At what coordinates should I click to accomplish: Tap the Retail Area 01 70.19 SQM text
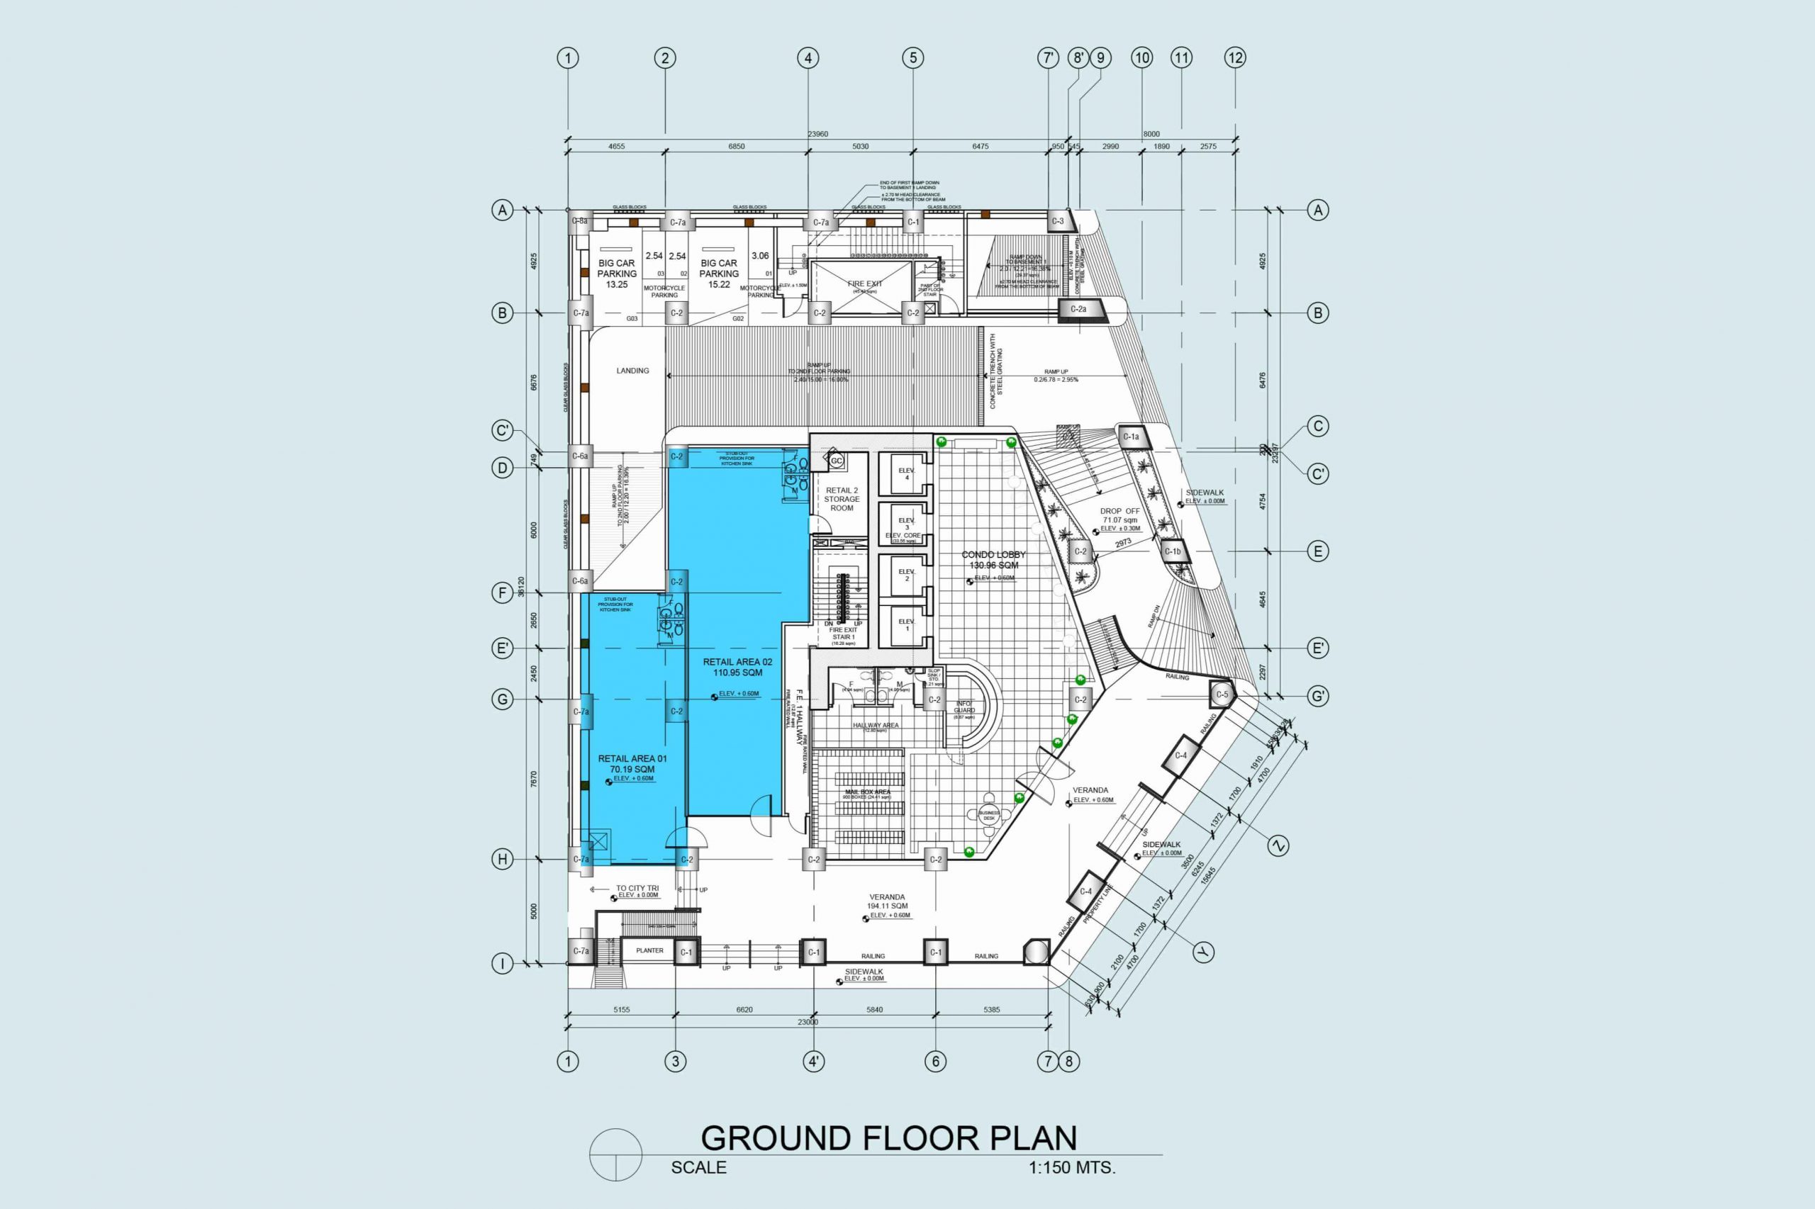(x=632, y=764)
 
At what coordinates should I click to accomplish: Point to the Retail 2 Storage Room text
(x=842, y=499)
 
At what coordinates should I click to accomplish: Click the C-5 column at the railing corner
(x=1222, y=695)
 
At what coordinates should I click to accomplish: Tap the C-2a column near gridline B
(x=1078, y=309)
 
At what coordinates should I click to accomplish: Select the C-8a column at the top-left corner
(x=579, y=221)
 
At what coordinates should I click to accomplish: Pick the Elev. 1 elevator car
(x=905, y=624)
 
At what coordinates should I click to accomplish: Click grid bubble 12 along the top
(x=1235, y=57)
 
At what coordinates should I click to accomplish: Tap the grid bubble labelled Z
(x=1278, y=846)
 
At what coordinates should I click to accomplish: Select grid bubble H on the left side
(x=502, y=859)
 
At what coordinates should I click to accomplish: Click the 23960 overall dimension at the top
(x=817, y=134)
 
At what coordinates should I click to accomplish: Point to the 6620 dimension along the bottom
(x=744, y=1009)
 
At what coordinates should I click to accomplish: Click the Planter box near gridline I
(x=649, y=951)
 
